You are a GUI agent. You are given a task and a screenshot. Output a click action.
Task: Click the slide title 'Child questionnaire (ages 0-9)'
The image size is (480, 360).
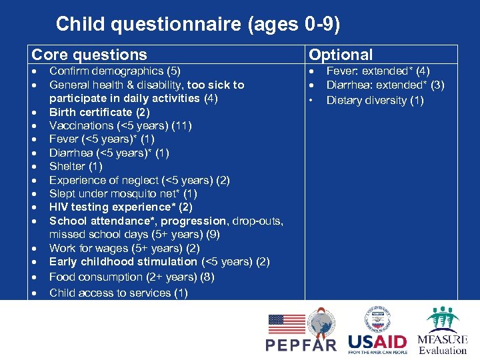pyautogui.click(x=198, y=25)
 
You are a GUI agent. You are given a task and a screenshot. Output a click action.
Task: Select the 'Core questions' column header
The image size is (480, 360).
pyautogui.click(x=89, y=55)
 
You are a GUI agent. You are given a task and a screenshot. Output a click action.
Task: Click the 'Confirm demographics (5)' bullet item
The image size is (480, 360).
pyautogui.click(x=115, y=71)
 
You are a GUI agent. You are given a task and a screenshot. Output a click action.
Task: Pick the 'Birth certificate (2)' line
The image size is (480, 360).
pyautogui.click(x=100, y=112)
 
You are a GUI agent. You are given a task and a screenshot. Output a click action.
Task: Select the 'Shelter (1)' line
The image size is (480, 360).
pyautogui.click(x=76, y=166)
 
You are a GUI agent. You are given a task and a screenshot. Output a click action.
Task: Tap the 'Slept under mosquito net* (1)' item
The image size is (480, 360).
pyautogui.click(x=123, y=193)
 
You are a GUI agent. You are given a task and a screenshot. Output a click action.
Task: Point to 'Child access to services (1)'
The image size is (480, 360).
pyautogui.click(x=119, y=293)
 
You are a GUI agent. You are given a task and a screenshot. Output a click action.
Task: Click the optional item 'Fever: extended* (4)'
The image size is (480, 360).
pyautogui.click(x=378, y=71)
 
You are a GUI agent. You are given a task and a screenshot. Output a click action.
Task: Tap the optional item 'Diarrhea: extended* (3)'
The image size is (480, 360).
pyautogui.click(x=385, y=85)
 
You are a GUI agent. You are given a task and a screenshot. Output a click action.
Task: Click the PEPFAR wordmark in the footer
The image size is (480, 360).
pyautogui.click(x=301, y=345)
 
